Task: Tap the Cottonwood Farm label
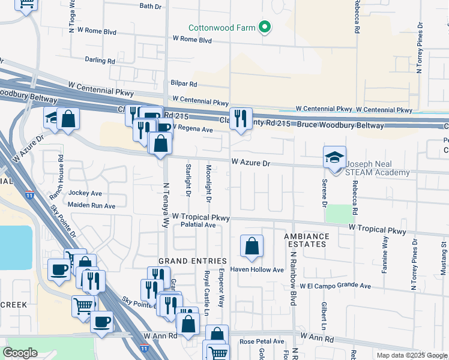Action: pyautogui.click(x=221, y=28)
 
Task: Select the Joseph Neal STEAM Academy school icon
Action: pyautogui.click(x=335, y=157)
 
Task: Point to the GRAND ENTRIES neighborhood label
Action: pyautogui.click(x=193, y=261)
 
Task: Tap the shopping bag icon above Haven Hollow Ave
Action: pyautogui.click(x=252, y=245)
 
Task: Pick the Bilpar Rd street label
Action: pyautogui.click(x=184, y=83)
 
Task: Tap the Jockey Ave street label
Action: pyautogui.click(x=85, y=193)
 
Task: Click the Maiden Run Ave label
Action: pyautogui.click(x=92, y=206)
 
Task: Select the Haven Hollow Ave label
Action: pyautogui.click(x=257, y=270)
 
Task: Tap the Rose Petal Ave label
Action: pyautogui.click(x=262, y=341)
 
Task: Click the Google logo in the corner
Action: pyautogui.click(x=20, y=353)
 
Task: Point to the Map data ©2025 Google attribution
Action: pyautogui.click(x=412, y=355)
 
